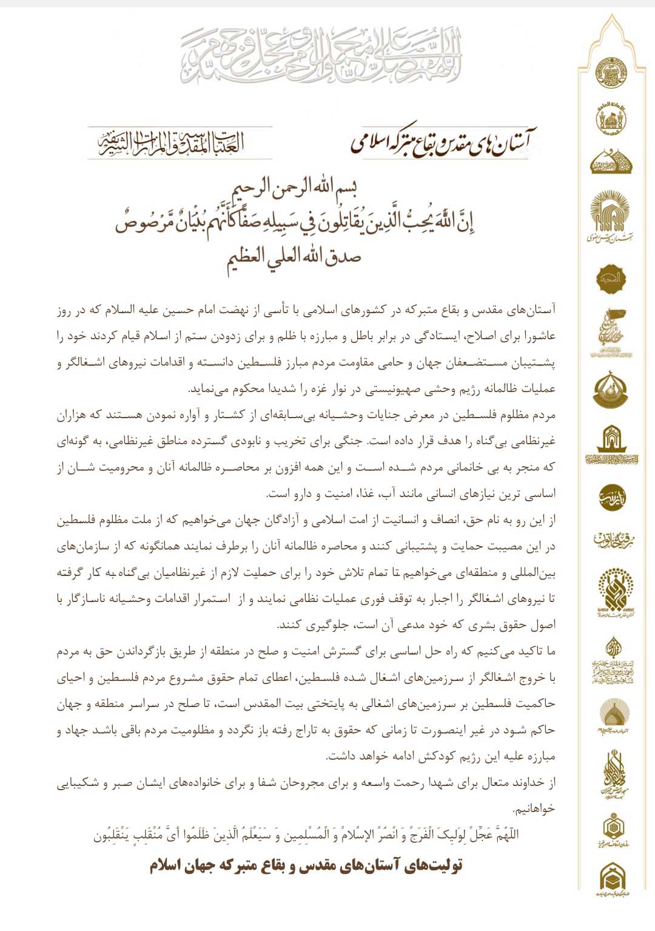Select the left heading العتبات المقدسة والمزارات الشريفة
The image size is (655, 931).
pos(172,143)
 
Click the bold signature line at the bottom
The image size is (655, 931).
pos(306,865)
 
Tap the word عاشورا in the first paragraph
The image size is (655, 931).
pos(540,336)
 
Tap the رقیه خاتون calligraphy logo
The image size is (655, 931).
pos(610,539)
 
